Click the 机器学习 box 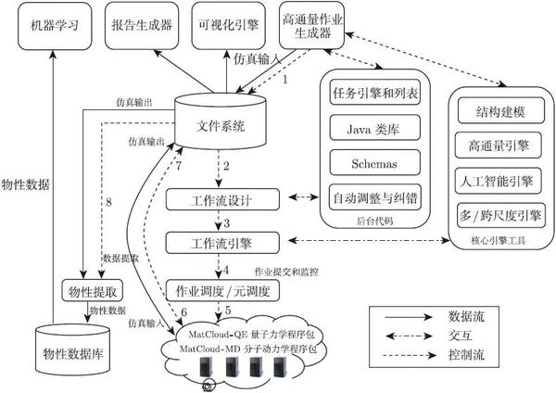[x=55, y=26]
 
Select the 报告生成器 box [x=142, y=26]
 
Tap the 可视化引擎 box [x=228, y=26]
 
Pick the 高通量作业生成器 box [x=311, y=26]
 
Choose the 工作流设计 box [x=222, y=199]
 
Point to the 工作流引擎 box [x=222, y=243]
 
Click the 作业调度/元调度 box [x=222, y=291]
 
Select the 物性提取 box [x=93, y=291]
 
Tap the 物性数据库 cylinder [x=73, y=349]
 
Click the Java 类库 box [x=374, y=128]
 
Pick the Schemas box [x=374, y=163]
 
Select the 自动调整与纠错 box [x=374, y=197]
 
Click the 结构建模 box [x=500, y=110]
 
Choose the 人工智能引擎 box [x=498, y=181]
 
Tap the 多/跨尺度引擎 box [x=500, y=216]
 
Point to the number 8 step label [x=108, y=202]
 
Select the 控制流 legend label [x=466, y=354]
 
